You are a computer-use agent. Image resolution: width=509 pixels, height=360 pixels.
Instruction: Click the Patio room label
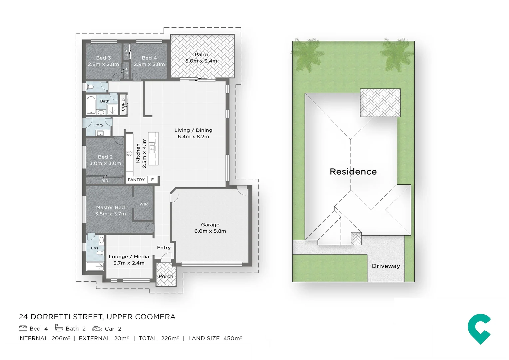[201, 54]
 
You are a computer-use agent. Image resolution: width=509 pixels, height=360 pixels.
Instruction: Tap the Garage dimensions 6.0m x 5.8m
[210, 231]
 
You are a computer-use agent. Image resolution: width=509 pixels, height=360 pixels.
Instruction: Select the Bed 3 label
[103, 58]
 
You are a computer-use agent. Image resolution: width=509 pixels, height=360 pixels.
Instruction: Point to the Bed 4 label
[149, 58]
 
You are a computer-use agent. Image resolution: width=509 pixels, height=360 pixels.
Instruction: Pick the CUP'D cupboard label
[123, 104]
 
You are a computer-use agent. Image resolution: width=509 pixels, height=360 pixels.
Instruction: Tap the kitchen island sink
[152, 147]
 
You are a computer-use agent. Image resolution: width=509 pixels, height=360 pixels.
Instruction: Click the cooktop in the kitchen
[129, 154]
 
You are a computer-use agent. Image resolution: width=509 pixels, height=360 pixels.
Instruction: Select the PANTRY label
[136, 180]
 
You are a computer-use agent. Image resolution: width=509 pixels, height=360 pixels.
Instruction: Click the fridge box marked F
[153, 180]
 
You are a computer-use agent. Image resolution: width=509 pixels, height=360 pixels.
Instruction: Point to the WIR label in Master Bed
[144, 204]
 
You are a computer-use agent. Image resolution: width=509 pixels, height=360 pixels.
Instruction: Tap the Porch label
[166, 276]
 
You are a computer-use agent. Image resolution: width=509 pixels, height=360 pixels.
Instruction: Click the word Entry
[164, 248]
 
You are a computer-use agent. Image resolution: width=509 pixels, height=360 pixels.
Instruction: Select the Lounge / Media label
[129, 256]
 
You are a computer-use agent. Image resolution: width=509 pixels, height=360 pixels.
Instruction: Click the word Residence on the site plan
[353, 172]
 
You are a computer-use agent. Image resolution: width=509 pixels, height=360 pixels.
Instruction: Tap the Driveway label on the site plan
[386, 266]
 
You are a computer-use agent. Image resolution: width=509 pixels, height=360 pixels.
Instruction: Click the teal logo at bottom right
[479, 329]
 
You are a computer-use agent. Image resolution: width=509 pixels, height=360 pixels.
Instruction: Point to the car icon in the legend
[97, 329]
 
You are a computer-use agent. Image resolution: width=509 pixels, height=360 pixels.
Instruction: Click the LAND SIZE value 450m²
[232, 338]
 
